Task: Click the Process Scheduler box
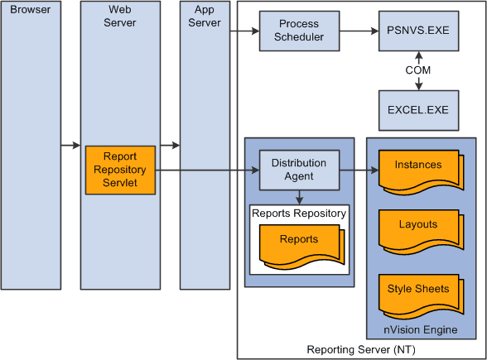point(299,31)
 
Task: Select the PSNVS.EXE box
point(418,31)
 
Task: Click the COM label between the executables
point(418,70)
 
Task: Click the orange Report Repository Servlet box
point(120,170)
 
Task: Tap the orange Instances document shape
point(418,166)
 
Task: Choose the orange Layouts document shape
point(418,225)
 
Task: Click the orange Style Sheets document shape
point(418,290)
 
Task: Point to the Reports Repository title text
point(299,214)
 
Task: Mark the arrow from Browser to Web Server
point(71,146)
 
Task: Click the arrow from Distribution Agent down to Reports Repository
point(299,196)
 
